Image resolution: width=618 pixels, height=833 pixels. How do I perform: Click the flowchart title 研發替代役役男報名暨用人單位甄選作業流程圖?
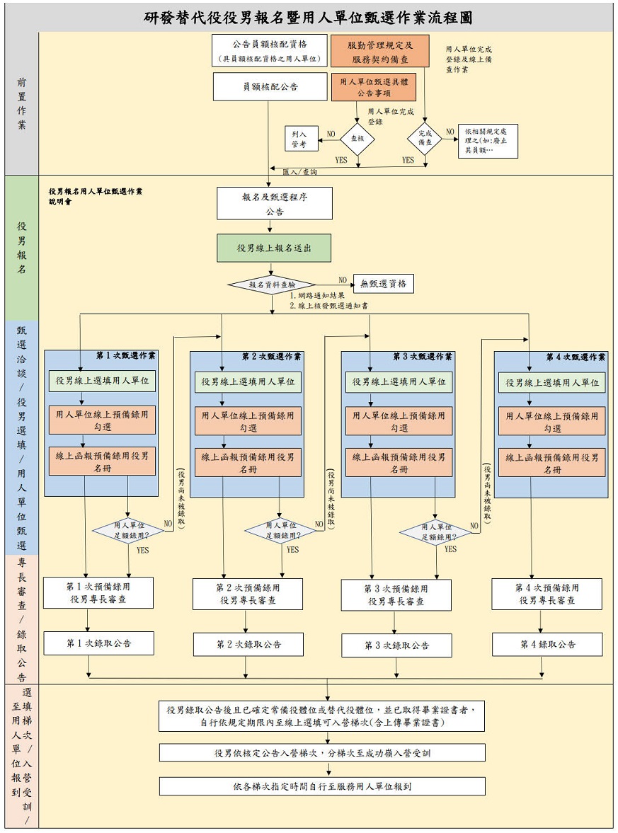click(309, 18)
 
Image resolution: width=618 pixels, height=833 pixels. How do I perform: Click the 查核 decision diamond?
click(357, 139)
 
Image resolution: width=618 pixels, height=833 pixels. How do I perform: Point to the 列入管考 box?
click(299, 139)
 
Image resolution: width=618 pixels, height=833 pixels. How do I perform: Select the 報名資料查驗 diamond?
click(272, 285)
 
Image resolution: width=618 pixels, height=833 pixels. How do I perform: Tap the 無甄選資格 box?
click(383, 284)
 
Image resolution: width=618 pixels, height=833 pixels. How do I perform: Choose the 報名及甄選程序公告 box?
click(275, 204)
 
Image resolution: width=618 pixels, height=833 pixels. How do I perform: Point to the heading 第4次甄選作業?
click(576, 357)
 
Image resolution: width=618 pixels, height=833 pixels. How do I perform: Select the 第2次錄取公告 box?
click(248, 645)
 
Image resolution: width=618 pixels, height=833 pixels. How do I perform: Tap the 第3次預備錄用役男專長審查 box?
click(396, 595)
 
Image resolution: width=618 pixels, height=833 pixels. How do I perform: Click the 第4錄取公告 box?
click(547, 645)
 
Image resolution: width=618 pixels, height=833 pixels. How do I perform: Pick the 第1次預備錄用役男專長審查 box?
click(98, 593)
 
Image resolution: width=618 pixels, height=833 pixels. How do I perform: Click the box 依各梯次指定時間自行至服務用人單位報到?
click(322, 786)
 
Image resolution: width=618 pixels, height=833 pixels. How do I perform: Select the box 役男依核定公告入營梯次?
click(322, 752)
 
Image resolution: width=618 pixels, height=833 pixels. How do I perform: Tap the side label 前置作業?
click(22, 104)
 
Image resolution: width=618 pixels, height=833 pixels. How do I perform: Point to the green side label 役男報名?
click(22, 248)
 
